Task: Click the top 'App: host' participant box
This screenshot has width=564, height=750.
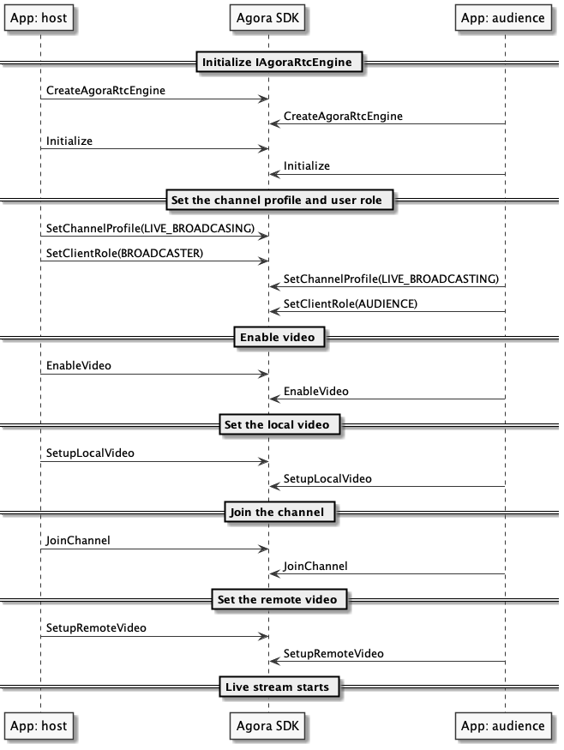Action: [38, 17]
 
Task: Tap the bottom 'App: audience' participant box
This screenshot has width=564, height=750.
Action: [502, 726]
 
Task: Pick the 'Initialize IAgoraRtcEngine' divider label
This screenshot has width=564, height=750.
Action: [281, 62]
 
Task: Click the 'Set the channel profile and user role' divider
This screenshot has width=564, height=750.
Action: [281, 201]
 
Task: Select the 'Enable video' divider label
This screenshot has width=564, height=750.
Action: [281, 338]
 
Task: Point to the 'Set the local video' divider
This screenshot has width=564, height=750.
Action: [281, 424]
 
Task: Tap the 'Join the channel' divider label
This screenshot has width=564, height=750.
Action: [281, 513]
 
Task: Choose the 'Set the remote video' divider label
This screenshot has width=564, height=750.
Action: [281, 599]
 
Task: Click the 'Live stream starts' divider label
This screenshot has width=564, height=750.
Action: [281, 687]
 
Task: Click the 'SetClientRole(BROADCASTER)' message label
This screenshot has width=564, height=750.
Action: [124, 254]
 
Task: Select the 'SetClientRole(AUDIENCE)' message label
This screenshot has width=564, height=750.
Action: [350, 304]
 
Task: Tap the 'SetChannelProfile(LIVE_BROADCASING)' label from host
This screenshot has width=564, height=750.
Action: [150, 228]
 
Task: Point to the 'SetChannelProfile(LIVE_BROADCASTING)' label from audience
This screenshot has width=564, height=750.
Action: [391, 279]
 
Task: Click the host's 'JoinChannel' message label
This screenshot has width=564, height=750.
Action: [78, 541]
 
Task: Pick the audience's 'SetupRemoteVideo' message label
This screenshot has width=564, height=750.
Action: [333, 653]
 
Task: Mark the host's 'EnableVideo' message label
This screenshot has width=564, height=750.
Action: [79, 366]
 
